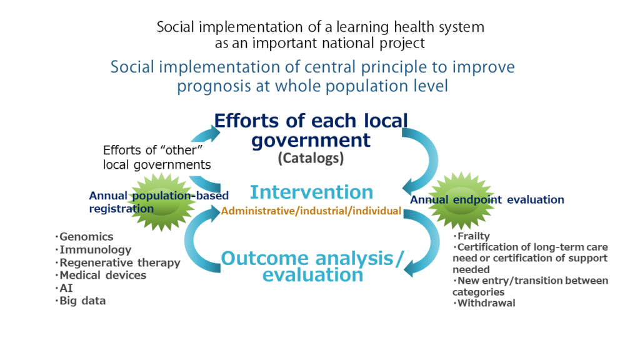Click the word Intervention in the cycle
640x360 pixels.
click(311, 192)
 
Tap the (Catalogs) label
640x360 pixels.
click(311, 158)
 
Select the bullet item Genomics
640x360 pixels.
click(84, 237)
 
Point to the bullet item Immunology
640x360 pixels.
click(93, 249)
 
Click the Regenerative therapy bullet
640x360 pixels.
click(117, 262)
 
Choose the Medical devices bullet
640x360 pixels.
click(101, 275)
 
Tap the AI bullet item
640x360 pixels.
click(64, 288)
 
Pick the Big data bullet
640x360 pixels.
click(81, 301)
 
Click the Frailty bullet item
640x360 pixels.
click(471, 236)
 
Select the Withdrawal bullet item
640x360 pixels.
click(484, 303)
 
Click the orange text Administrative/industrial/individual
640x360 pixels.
click(311, 211)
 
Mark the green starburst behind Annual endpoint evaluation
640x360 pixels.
click(461, 200)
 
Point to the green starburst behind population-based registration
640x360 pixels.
click(162, 202)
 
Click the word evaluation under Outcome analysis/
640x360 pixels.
click(312, 275)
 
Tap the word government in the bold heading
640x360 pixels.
click(311, 141)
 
